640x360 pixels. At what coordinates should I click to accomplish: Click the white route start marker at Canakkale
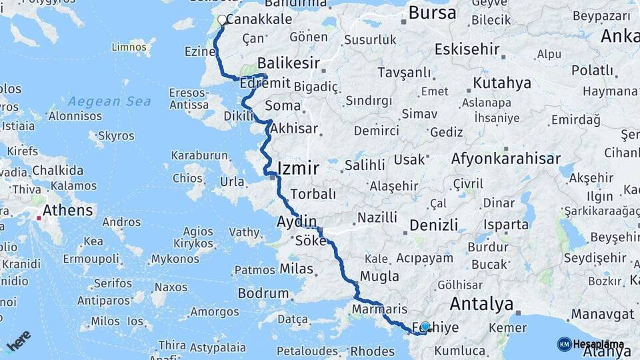[x=222, y=20]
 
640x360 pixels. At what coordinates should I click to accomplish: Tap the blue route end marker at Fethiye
[x=425, y=327]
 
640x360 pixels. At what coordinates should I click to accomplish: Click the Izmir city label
[x=297, y=168]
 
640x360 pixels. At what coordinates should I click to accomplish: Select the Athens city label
[x=67, y=211]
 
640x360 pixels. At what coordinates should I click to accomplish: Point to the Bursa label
[x=432, y=13]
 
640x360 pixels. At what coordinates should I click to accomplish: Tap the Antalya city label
[x=481, y=304]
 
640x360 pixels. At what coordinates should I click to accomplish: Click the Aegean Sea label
[x=109, y=101]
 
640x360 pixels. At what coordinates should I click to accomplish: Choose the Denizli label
[x=433, y=225]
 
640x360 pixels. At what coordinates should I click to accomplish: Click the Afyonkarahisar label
[x=505, y=159]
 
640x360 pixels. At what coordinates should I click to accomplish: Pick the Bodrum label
[x=263, y=293]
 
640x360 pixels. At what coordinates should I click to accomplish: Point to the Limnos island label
[x=128, y=47]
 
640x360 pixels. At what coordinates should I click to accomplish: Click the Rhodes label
[x=373, y=351]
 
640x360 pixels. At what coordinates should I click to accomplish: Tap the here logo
[x=19, y=340]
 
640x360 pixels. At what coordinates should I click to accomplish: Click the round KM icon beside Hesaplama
[x=564, y=344]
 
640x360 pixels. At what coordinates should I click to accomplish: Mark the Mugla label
[x=379, y=276]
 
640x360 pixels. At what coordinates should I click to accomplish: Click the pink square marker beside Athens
[x=39, y=217]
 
